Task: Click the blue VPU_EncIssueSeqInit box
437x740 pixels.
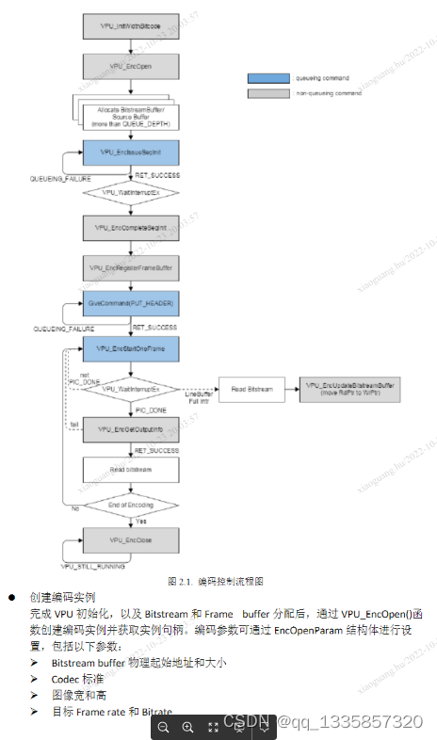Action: point(131,153)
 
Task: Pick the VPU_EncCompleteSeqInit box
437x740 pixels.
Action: point(131,227)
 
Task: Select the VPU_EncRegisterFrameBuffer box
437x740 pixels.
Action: point(131,266)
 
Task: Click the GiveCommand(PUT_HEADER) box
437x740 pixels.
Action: point(131,305)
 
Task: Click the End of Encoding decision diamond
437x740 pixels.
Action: point(131,505)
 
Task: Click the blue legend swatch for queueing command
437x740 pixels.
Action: point(267,78)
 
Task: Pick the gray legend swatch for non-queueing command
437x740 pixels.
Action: point(267,94)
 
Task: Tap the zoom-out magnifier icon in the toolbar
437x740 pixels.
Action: point(164,727)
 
